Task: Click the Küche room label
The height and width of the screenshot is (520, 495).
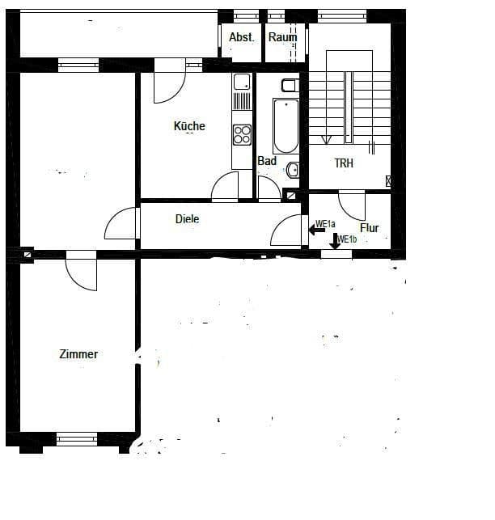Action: pos(189,126)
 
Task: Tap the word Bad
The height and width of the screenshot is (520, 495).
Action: pos(267,161)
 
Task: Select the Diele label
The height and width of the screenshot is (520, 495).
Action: pos(187,219)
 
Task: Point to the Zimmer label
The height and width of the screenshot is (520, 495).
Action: pos(78,354)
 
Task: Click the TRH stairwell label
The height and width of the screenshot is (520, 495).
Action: pos(345,163)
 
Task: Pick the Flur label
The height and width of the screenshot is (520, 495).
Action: pos(370,228)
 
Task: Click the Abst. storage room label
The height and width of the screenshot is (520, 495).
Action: pos(242,37)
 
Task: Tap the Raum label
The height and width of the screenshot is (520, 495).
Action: pos(283,37)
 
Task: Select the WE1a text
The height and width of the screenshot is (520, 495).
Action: pos(325,224)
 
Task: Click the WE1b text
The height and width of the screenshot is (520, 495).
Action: pos(347,239)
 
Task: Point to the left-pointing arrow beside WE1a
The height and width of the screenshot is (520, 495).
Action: pos(315,230)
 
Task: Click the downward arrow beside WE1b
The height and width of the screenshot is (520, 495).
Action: pos(335,241)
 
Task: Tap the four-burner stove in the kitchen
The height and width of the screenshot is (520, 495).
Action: pos(242,133)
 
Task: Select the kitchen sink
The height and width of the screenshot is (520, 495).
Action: pos(241,82)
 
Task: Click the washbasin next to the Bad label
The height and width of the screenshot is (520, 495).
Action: pos(294,169)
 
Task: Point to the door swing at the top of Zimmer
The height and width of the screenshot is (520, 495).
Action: pos(82,272)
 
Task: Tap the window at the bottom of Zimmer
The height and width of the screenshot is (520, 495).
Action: pos(77,438)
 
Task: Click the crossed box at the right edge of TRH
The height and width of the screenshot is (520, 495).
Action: pos(390,181)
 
